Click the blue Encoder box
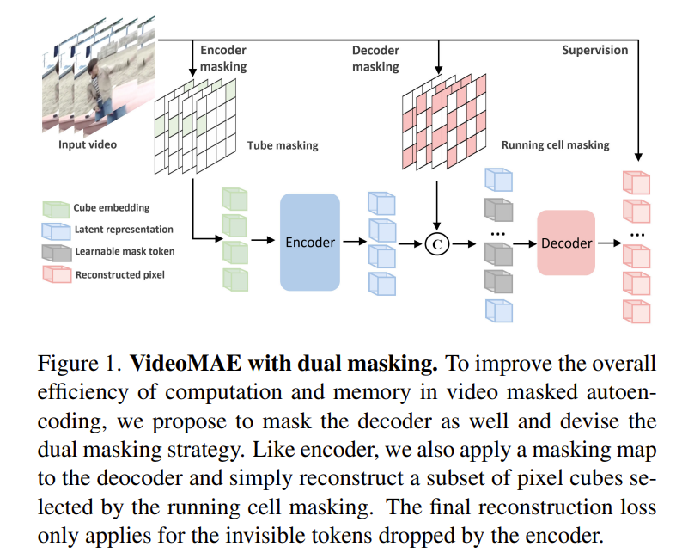[x=310, y=242]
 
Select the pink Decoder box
[x=566, y=243]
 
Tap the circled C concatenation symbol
[x=437, y=244]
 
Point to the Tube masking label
[x=283, y=145]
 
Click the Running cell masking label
[x=555, y=145]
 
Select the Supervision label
[x=594, y=50]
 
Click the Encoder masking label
[x=223, y=58]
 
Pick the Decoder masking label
[x=376, y=58]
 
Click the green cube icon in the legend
[x=57, y=208]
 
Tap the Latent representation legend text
[x=124, y=230]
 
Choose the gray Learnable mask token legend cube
[x=57, y=252]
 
